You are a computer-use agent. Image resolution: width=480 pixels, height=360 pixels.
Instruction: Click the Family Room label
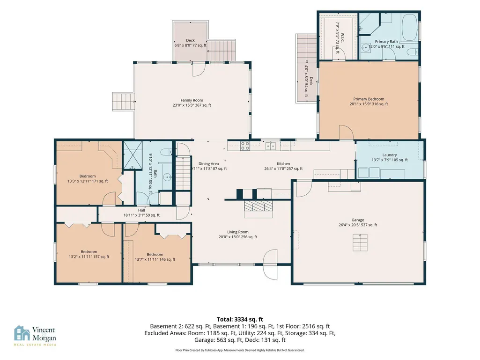click(192, 100)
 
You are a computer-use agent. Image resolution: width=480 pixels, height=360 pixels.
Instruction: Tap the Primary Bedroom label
click(369, 99)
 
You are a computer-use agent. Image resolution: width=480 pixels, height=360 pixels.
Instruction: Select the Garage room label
click(358, 220)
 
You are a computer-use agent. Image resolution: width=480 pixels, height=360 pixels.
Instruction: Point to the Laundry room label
click(390, 155)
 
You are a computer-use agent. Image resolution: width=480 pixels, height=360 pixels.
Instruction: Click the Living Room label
click(237, 232)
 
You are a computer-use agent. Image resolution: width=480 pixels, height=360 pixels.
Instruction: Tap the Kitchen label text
click(283, 164)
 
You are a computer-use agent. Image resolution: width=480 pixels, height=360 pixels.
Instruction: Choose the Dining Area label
click(208, 164)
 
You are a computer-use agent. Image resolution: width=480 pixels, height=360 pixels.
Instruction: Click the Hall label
click(141, 210)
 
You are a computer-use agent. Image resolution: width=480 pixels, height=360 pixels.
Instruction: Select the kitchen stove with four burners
click(245, 146)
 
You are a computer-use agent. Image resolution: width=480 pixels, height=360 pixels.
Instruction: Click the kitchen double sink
click(270, 146)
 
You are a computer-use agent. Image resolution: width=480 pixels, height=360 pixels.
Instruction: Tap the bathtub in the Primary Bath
click(409, 27)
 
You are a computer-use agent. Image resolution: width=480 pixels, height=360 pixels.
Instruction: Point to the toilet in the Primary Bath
click(413, 52)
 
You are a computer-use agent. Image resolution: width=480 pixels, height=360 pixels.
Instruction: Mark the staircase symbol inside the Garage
click(360, 242)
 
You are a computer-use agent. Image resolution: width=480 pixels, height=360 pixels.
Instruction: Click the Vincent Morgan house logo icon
click(22, 333)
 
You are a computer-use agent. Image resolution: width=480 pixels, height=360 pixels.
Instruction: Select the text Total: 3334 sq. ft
click(240, 320)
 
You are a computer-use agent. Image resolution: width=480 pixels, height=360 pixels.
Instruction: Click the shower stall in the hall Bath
click(133, 155)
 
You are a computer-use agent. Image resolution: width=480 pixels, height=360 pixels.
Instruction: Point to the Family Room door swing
click(199, 69)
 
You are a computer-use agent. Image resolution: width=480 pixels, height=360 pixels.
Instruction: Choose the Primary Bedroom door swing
click(346, 132)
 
